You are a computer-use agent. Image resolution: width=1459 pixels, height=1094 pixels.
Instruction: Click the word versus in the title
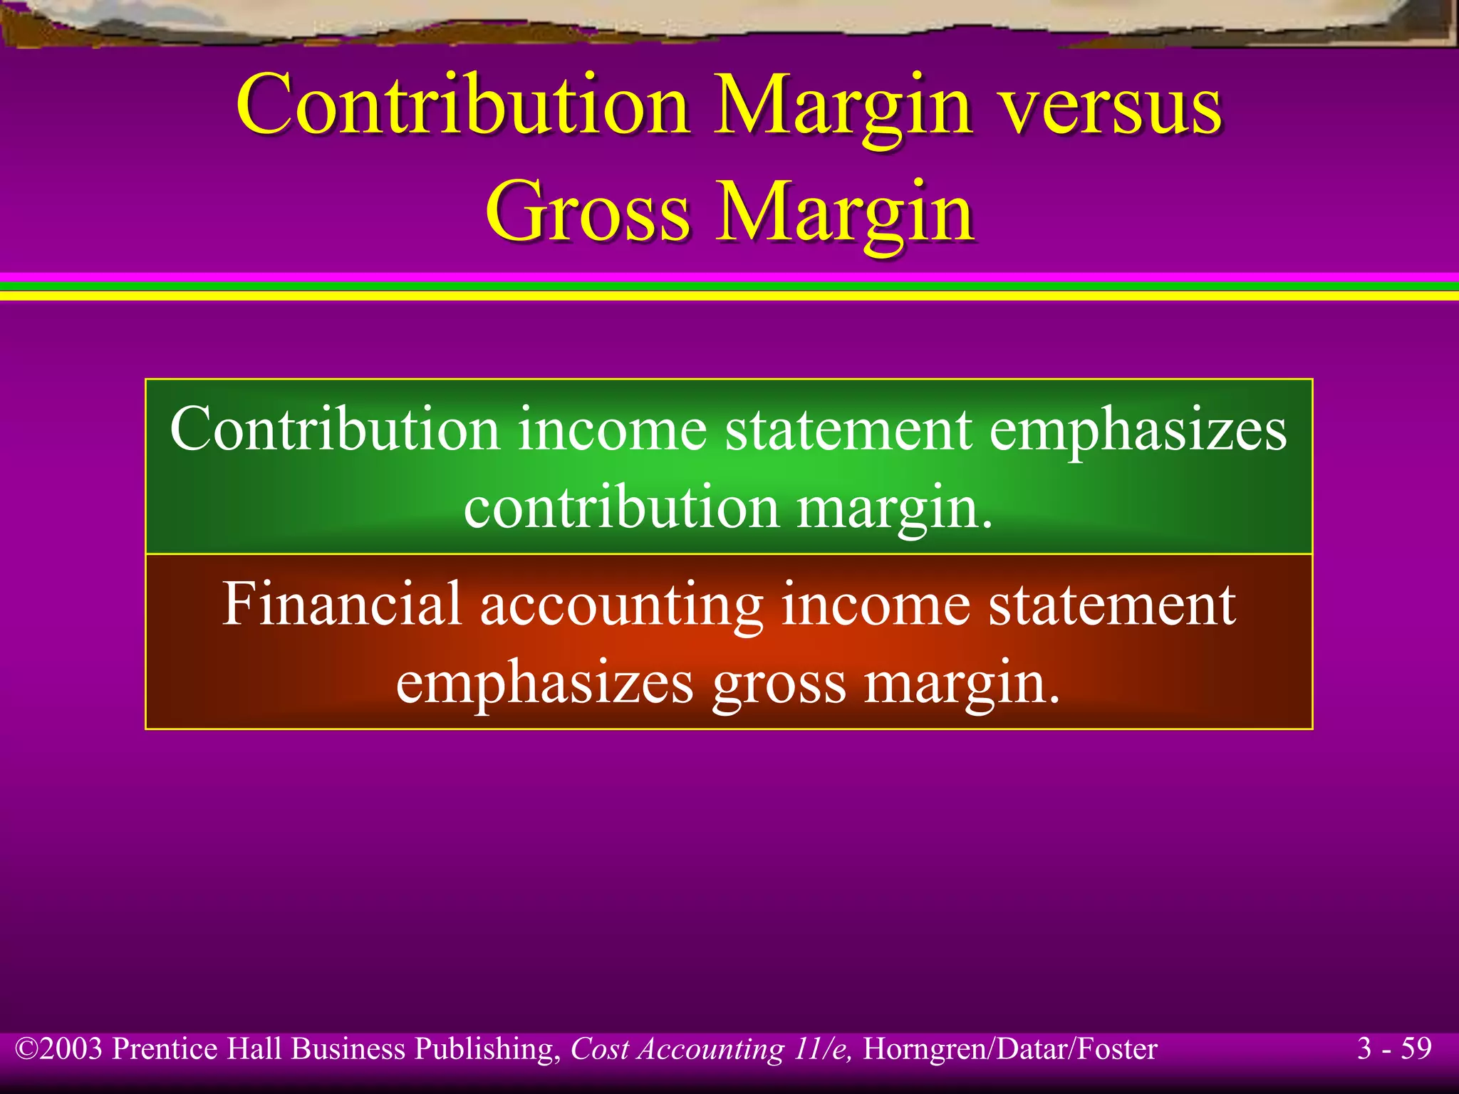click(1112, 107)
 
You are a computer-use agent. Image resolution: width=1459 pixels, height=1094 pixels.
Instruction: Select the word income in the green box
click(612, 430)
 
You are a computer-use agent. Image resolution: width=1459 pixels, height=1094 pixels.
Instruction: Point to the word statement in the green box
click(848, 430)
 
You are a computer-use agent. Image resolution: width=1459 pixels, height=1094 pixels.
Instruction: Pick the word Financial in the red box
click(342, 605)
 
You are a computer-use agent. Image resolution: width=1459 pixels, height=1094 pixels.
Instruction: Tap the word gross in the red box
click(780, 683)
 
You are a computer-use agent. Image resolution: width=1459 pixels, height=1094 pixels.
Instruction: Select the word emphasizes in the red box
click(545, 683)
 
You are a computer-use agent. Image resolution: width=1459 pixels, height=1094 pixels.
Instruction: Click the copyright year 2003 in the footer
click(71, 1049)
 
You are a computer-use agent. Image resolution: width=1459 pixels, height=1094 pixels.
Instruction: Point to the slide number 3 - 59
click(1394, 1048)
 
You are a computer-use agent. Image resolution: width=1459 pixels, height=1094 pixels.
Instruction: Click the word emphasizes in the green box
click(1138, 430)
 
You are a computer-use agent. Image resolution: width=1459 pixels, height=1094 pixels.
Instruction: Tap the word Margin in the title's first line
click(843, 107)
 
